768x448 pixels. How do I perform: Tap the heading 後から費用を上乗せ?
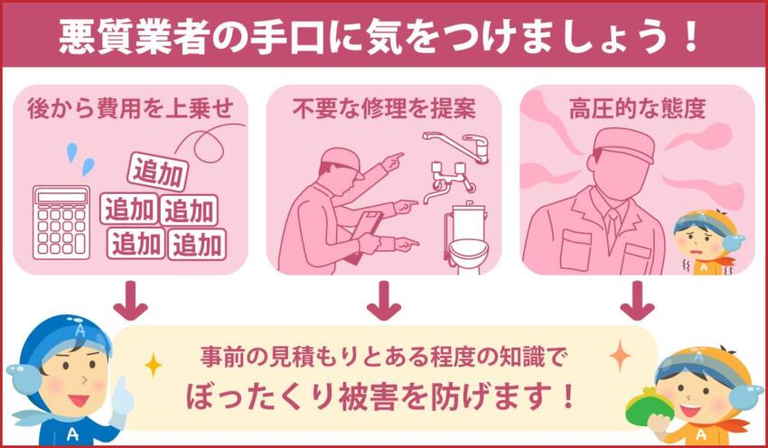click(x=132, y=110)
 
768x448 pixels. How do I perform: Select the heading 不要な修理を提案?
click(x=383, y=110)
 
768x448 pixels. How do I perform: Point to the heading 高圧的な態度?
click(x=638, y=110)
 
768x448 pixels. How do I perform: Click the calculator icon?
click(x=61, y=222)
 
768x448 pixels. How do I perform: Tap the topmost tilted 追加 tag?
click(x=157, y=171)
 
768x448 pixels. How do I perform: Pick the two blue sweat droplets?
click(x=80, y=159)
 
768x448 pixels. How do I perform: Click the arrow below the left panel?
click(x=131, y=301)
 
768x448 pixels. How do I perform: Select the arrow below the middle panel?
click(x=383, y=301)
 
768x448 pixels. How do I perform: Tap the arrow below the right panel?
click(x=637, y=301)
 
